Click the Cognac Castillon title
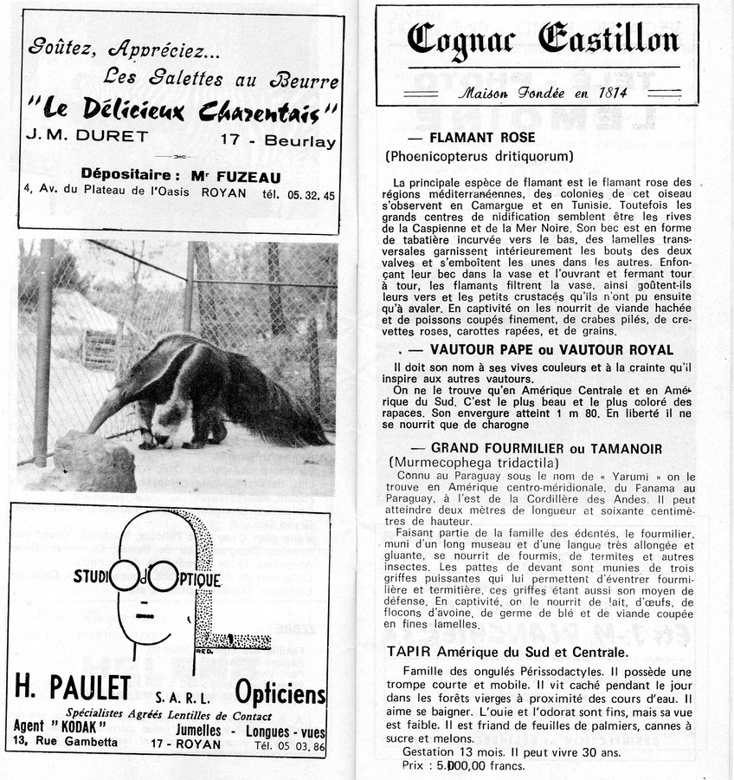point(543,39)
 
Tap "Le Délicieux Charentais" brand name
point(183,109)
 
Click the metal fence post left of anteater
point(42,364)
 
